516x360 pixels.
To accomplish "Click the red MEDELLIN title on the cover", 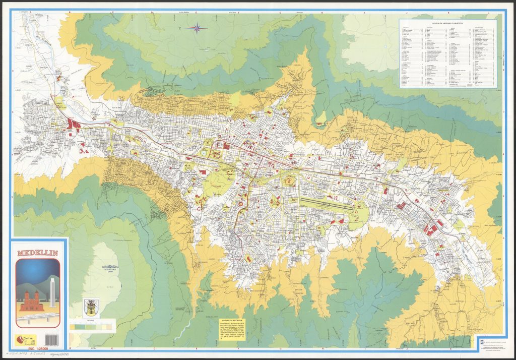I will tap(38, 253).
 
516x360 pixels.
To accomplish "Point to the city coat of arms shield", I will tap(91, 306).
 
